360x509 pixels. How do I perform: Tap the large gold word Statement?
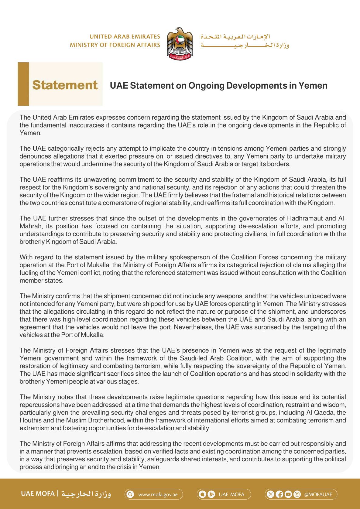(65, 85)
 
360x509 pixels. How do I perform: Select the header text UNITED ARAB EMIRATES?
(125, 37)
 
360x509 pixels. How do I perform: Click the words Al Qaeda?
(320, 412)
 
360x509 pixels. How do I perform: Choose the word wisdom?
(336, 405)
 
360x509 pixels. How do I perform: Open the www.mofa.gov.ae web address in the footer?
(158, 494)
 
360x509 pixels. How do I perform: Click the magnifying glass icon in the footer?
(130, 494)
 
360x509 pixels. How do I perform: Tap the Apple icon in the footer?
(202, 494)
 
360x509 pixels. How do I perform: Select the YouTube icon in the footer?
(288, 494)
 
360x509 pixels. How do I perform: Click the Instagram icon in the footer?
(297, 494)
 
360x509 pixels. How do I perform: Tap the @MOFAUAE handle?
(318, 494)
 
